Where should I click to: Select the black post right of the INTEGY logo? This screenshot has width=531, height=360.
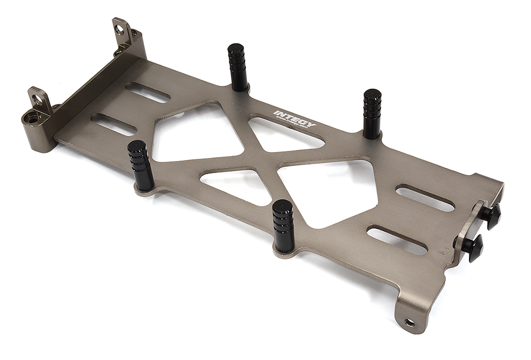[x=372, y=113]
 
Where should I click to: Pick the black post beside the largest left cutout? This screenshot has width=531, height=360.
[x=141, y=165]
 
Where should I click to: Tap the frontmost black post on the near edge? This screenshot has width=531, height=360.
[x=282, y=225]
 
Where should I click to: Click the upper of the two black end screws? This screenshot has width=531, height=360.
[x=491, y=215]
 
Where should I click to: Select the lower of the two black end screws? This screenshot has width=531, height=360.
[x=473, y=246]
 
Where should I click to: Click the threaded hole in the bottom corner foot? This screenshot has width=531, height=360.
[x=409, y=322]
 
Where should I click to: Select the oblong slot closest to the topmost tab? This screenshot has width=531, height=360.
[x=148, y=92]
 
